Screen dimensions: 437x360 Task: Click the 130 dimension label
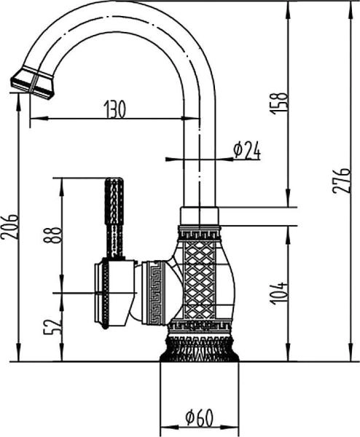(114, 109)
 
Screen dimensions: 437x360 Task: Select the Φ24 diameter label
(246, 150)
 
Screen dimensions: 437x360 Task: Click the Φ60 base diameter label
(199, 419)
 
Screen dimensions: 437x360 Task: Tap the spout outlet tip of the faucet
(32, 82)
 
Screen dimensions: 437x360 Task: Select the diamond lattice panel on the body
(199, 280)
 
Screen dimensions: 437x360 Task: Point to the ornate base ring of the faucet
(199, 348)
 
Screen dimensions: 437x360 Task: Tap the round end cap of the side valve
(102, 291)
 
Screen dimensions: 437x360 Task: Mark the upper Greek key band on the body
(199, 235)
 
